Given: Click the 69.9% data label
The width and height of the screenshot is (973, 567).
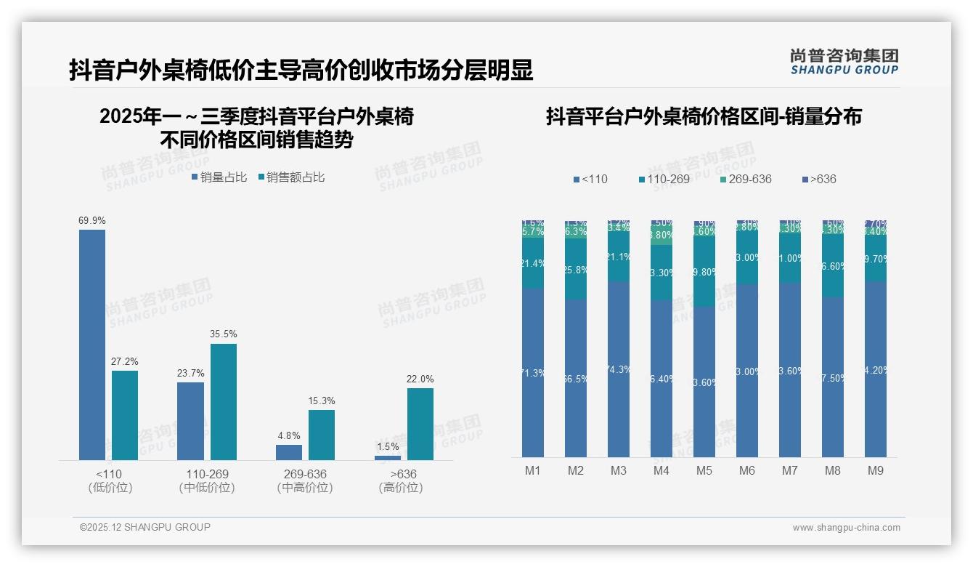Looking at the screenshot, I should tap(92, 220).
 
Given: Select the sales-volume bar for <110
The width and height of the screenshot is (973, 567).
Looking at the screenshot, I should tap(92, 345).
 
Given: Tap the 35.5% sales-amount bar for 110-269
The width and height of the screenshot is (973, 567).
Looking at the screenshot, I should tap(224, 401).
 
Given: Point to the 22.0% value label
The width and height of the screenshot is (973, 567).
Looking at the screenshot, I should tap(420, 379).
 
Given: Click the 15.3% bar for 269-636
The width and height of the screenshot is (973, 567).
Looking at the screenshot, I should tap(322, 435).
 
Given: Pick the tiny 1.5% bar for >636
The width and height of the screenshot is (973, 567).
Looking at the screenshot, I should tap(388, 457).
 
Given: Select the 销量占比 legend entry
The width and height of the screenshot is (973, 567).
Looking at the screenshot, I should tap(219, 177).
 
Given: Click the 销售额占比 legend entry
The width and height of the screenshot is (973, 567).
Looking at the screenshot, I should tap(291, 177).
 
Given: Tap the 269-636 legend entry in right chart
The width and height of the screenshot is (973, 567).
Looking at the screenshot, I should tap(746, 179).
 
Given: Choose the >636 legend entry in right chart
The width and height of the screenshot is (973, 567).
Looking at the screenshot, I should tap(820, 179).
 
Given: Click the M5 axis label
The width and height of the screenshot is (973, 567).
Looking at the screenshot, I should tap(704, 470).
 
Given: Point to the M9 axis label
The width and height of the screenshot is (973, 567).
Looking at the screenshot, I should tap(876, 470).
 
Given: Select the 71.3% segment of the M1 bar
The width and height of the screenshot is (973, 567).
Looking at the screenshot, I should tap(533, 372).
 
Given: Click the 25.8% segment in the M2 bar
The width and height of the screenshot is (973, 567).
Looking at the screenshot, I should tap(576, 269).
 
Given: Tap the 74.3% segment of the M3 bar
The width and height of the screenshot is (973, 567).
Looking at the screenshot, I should tap(619, 369).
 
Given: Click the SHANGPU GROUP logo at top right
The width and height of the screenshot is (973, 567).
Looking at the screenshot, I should tap(844, 62).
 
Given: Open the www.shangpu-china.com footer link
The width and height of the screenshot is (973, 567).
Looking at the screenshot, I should tap(846, 528).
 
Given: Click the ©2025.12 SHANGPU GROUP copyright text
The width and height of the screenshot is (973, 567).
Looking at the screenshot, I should tap(145, 527).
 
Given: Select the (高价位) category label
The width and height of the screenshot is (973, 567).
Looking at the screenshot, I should tap(401, 488).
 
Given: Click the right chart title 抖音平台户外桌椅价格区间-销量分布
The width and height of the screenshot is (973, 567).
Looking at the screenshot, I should tap(704, 116).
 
